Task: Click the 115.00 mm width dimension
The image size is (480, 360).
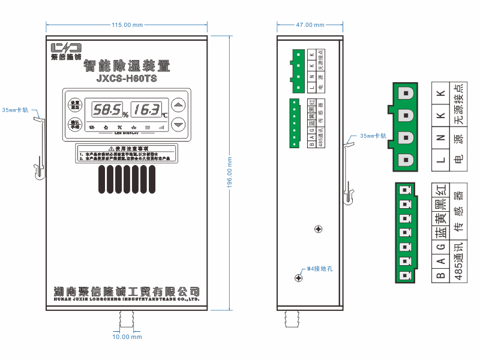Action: coord(127,25)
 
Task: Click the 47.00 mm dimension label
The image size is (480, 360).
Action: coord(310,25)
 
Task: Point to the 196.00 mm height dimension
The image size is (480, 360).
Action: coord(230,173)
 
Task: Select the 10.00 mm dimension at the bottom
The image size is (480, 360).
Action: coord(127,337)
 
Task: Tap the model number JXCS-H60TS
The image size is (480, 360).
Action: coord(126,78)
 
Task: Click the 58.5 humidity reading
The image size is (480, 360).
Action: coord(106,110)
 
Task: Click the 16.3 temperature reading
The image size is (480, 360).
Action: coord(146,110)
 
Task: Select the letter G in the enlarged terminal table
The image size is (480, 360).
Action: coord(440,247)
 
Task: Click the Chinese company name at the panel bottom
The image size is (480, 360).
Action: coord(126,291)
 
